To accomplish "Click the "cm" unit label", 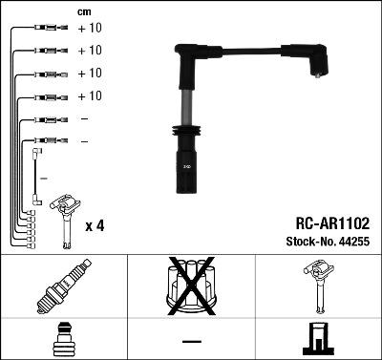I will point(84,11).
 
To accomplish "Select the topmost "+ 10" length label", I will point(89,28).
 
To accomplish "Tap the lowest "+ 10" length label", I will point(89,96).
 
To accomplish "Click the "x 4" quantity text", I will point(95,225).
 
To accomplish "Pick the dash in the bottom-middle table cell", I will point(191,341).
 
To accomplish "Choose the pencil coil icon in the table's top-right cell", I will point(318,288).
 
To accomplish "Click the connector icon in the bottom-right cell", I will point(318,340).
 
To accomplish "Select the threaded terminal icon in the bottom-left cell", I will point(63,340).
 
